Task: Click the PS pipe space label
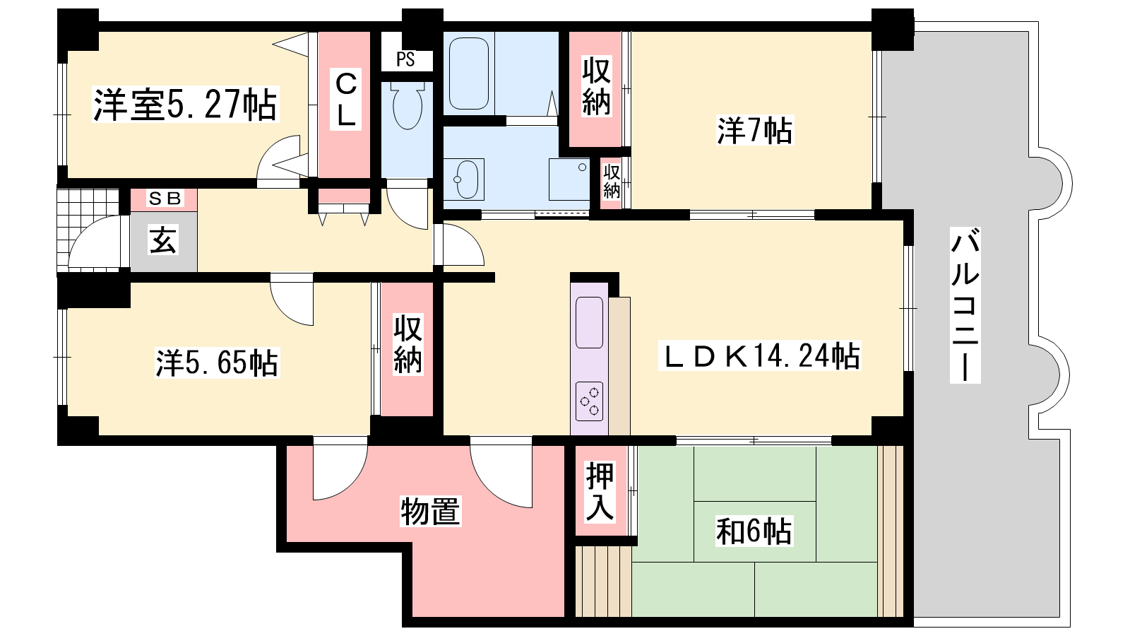pos(405,59)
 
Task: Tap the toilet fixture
pos(407,105)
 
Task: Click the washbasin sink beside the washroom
pos(463,179)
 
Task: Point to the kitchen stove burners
pos(589,401)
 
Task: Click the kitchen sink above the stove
pos(589,322)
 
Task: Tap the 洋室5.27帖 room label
pos(185,105)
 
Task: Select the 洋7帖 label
pos(755,130)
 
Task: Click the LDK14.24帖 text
pos(759,356)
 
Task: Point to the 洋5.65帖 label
pos(217,363)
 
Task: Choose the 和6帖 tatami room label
pos(754,531)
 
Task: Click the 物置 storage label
pos(430,512)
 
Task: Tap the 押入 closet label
pos(600,492)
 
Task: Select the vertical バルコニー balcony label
pos(965,305)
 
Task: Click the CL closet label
pos(346,100)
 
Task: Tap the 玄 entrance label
pos(163,240)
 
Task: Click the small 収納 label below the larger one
pos(612,181)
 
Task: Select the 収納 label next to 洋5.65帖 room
pos(408,344)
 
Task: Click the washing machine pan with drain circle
pos(569,179)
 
